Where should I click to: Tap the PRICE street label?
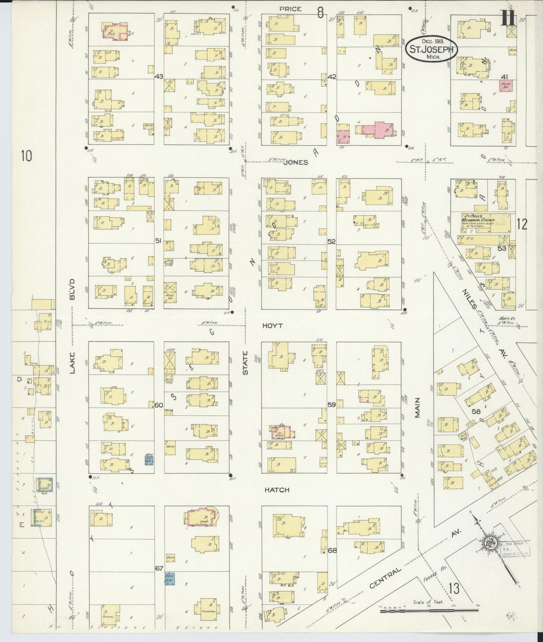(x=290, y=9)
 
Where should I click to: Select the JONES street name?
(x=296, y=162)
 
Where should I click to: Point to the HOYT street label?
(x=273, y=326)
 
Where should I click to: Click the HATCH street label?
(x=277, y=490)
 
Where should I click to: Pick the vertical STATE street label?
(x=245, y=363)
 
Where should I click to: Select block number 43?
(x=159, y=76)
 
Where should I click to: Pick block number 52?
(x=331, y=241)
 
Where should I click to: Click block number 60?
(x=159, y=405)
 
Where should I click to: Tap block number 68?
(x=332, y=550)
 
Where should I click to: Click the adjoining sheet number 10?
(x=26, y=155)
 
